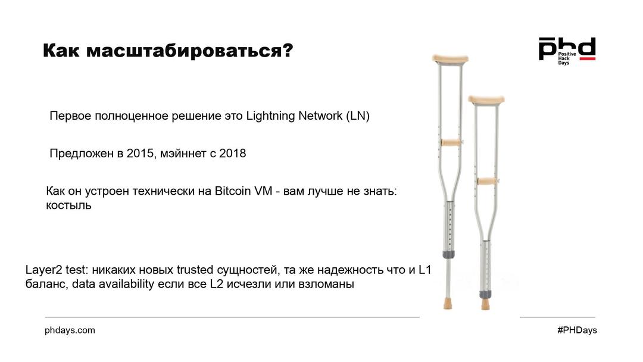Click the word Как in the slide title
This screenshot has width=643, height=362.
tap(61, 51)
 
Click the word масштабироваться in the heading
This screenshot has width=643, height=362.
tap(184, 51)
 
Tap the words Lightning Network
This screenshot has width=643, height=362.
tap(294, 116)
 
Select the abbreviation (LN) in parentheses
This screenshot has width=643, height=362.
tap(358, 116)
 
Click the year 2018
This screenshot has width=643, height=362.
tap(233, 154)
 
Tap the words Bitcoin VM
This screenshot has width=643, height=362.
tap(244, 191)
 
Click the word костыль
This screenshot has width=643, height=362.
tap(68, 205)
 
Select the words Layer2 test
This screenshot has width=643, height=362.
tap(56, 270)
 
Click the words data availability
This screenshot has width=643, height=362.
tap(113, 284)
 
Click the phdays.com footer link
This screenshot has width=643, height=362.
tap(70, 330)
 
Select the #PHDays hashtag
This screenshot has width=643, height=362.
tap(577, 330)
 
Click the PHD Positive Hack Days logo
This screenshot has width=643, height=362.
tap(567, 51)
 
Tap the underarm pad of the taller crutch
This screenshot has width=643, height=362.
tap(450, 58)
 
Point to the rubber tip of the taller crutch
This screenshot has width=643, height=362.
tap(448, 304)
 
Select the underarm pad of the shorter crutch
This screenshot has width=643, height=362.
tap(486, 99)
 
